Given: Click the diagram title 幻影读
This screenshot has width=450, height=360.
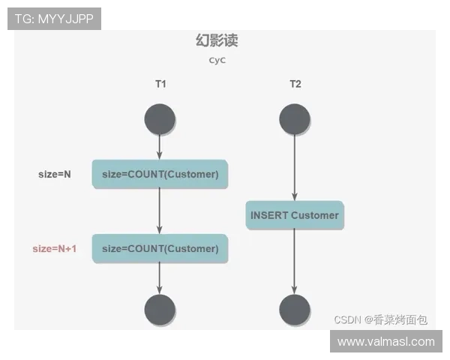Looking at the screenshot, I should coord(217,40).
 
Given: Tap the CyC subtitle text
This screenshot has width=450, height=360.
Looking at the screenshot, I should coord(217,61).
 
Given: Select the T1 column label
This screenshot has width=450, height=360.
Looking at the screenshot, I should coord(160,84).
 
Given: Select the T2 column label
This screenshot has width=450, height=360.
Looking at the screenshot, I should coord(295,84).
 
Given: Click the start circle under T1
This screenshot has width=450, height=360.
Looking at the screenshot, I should coord(160,120).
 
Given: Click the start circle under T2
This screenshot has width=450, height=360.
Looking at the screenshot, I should coord(294,120).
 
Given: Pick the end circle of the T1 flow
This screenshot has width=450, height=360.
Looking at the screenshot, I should coord(160,310).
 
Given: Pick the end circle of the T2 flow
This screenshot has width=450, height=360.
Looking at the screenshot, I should coord(294,310).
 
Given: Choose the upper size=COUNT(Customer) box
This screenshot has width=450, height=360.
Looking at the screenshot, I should coord(160,175).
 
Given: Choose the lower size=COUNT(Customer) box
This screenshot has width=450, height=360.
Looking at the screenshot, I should coord(160,248).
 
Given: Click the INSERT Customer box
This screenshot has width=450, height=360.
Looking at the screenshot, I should coord(294,215).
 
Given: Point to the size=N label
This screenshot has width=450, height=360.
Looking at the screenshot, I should coord(55,175).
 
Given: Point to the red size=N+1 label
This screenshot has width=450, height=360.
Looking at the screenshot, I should coord(55,248).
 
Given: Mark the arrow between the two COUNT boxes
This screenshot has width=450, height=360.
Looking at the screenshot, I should coord(160,211).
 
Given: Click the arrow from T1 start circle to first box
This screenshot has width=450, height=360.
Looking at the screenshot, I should coord(160,147).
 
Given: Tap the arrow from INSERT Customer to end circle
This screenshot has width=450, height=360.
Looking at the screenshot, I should coord(294,262).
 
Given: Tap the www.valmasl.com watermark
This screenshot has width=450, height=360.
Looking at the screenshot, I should coord(386,341).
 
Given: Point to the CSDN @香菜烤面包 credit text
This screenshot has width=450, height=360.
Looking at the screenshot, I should coord(381,319).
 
